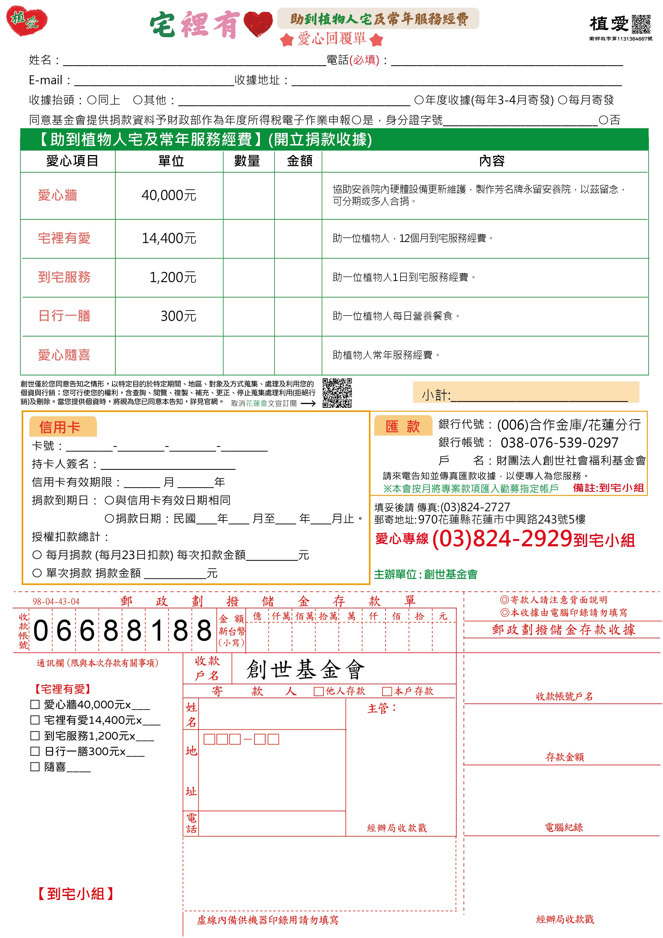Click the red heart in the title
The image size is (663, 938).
[x=258, y=24]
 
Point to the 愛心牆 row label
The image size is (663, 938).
[x=57, y=195]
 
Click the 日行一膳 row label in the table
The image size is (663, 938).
[x=64, y=316]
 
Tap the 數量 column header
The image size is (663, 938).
[x=247, y=161]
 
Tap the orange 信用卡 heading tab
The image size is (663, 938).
[x=60, y=427]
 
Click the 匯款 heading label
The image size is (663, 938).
[x=403, y=426]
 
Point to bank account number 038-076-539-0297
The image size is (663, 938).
[x=559, y=443]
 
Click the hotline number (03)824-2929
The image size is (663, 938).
[x=502, y=539]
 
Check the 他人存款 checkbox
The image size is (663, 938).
[x=319, y=691]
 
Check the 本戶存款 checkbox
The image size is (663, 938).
[x=387, y=691]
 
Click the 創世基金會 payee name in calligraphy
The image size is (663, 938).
[x=306, y=670]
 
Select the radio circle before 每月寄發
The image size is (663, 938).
[x=562, y=100]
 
